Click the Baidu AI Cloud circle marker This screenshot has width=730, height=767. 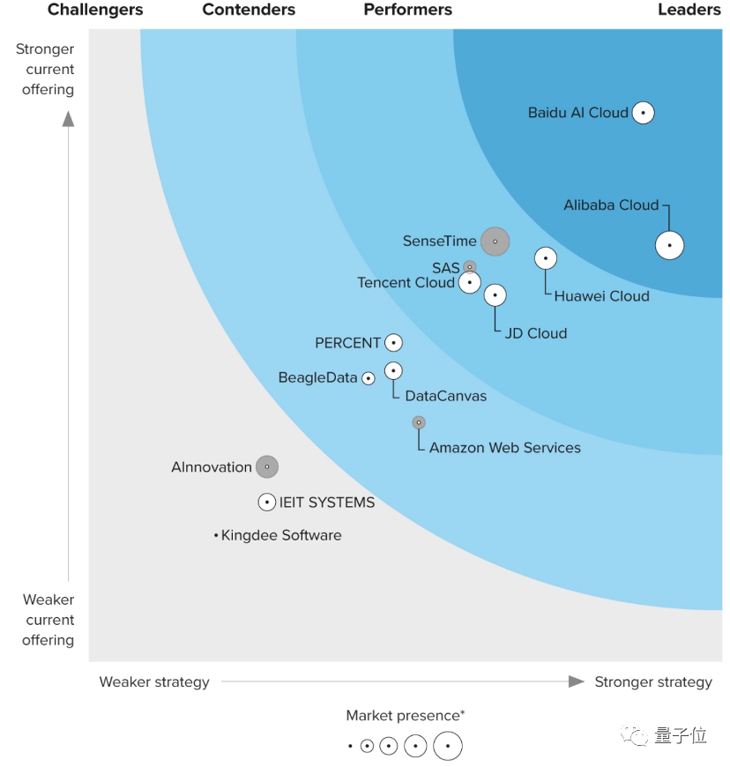pos(644,113)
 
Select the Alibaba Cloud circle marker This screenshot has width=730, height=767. pos(670,245)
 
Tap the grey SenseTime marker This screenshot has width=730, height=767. pos(495,242)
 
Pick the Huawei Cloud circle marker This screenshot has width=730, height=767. pos(546,258)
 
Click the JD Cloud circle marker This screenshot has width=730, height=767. pos(495,295)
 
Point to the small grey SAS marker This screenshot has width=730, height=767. pos(470,266)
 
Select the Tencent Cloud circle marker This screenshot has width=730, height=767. pos(470,282)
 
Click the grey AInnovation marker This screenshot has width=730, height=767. pos(267,467)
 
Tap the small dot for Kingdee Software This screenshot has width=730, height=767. pos(216,535)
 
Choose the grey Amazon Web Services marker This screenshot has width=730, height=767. pos(419,422)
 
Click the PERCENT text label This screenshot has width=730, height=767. pos(348,343)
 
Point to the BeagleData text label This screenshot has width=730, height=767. pos(318,378)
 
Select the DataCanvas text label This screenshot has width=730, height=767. pos(446,397)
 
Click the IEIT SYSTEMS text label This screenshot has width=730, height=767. pos(327,503)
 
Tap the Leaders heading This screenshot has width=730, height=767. pos(689,11)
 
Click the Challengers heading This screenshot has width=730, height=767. pos(95,11)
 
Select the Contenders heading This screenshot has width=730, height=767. pos(249,11)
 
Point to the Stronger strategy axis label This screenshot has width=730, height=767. pos(653,681)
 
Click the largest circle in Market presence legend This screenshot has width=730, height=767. pos(448,747)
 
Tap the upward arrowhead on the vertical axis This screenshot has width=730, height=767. pos(68,119)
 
